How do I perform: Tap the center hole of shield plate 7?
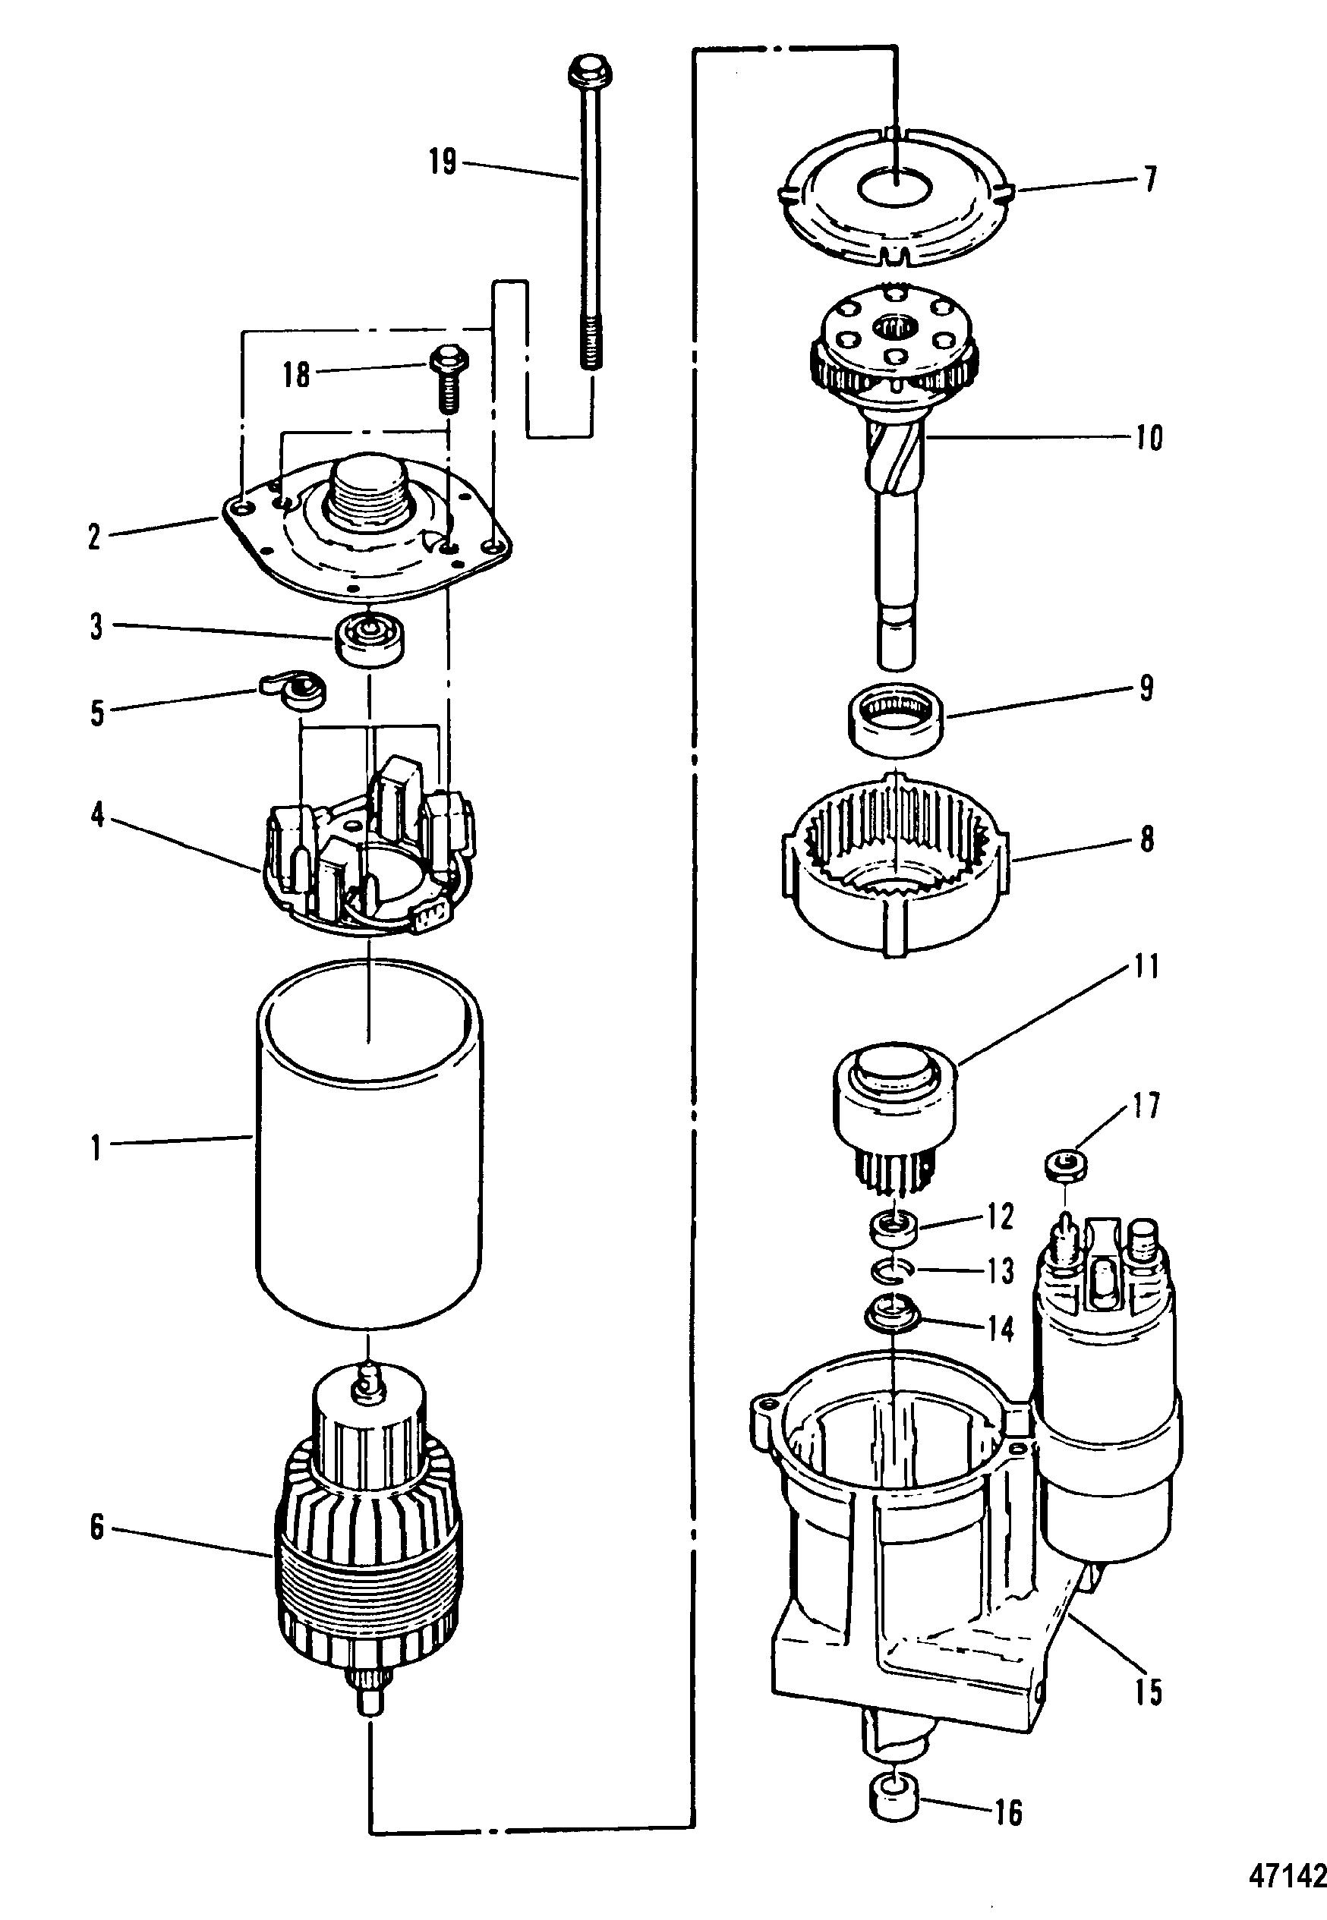click(894, 189)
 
